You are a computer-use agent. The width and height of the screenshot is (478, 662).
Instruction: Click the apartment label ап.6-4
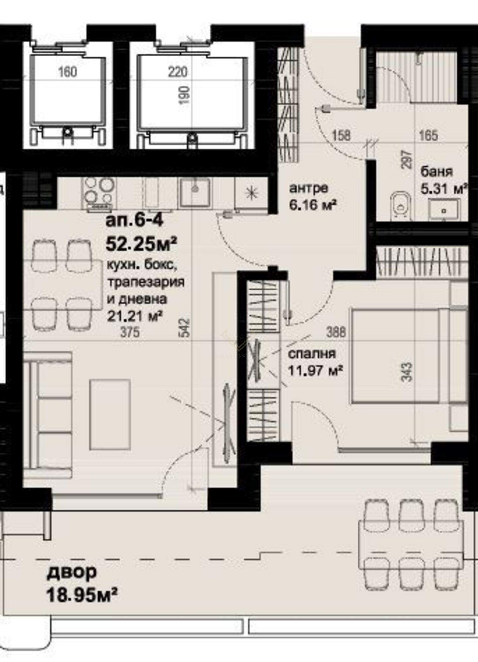134,220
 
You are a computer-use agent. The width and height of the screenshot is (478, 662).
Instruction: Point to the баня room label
437,172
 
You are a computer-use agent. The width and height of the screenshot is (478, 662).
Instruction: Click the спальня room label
312,354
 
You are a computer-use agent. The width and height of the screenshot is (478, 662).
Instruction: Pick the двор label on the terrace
72,572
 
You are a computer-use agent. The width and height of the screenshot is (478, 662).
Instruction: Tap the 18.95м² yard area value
82,595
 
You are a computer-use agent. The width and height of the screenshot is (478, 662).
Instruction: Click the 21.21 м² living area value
134,316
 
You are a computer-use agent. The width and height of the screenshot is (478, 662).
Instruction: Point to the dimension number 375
130,332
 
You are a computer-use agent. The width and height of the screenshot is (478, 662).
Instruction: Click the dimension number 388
336,332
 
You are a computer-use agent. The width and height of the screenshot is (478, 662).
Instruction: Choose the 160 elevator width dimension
67,72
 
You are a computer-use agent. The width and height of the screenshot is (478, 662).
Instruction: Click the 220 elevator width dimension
178,72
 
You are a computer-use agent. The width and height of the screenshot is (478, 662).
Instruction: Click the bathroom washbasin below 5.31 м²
444,209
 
